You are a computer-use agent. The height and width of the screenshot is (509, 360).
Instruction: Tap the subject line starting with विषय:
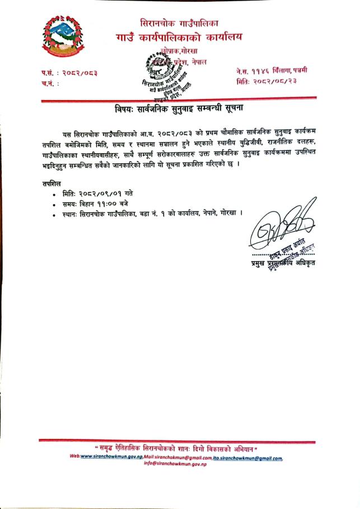[180, 107]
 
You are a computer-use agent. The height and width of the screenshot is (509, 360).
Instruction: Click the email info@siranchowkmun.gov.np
[176, 463]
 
